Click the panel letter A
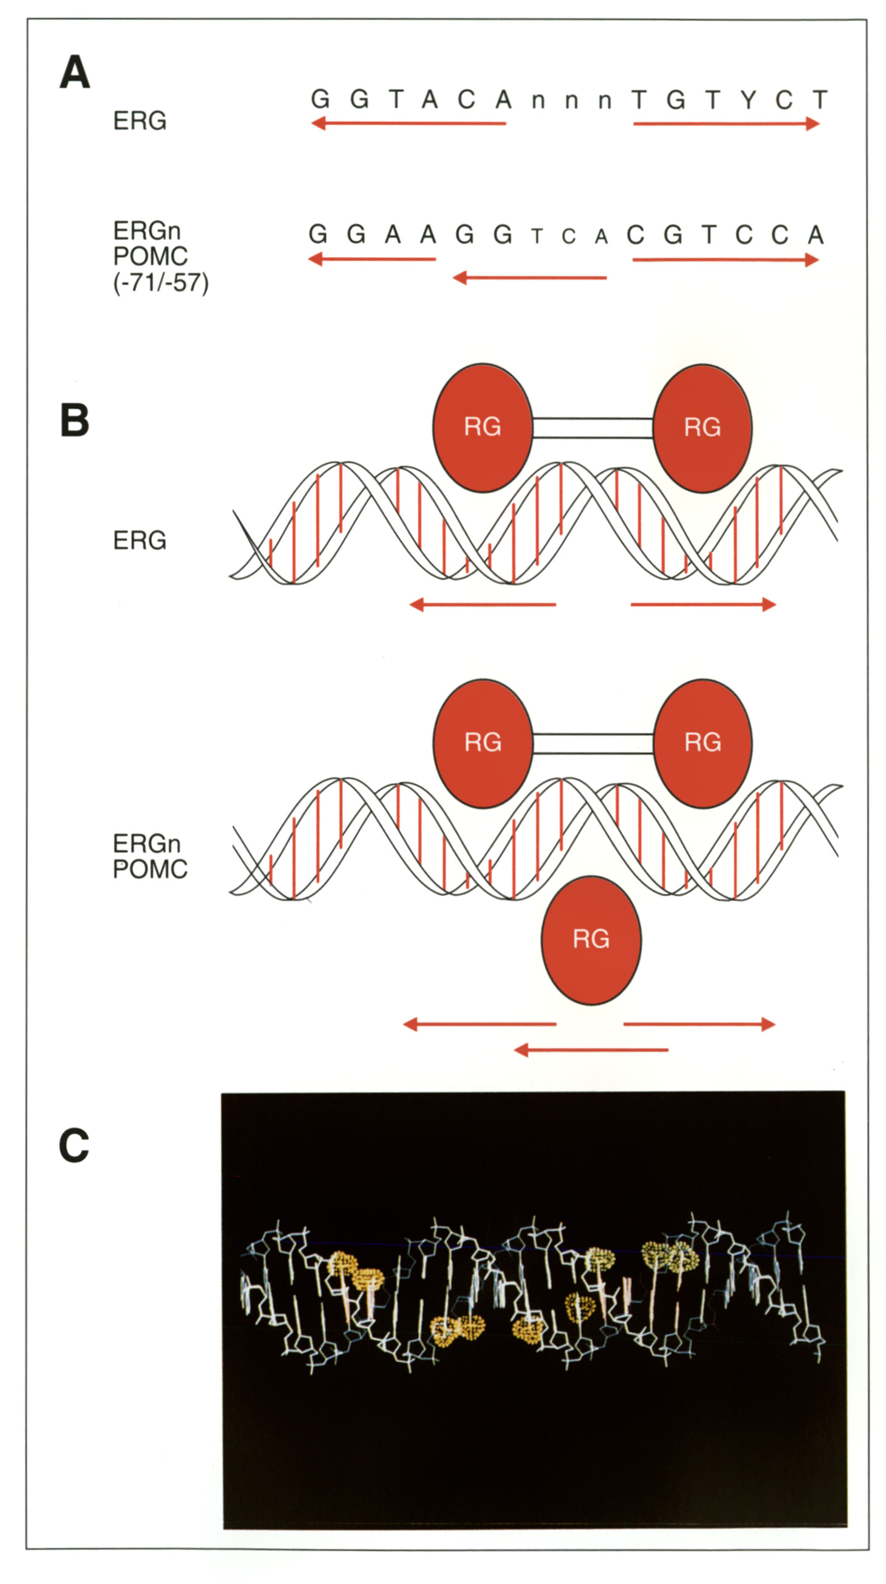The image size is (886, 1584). (x=75, y=73)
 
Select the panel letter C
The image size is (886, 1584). (x=74, y=1146)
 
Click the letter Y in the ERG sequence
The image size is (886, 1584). (x=748, y=99)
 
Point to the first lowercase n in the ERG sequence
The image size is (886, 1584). (x=538, y=101)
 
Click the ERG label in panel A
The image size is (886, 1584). (x=140, y=121)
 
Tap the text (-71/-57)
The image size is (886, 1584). (x=161, y=282)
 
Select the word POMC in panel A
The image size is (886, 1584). (x=150, y=256)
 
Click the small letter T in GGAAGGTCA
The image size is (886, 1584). (x=537, y=237)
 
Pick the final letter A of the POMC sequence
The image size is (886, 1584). (x=816, y=235)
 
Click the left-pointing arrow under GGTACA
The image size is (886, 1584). (x=408, y=124)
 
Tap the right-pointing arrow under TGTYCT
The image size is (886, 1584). (x=726, y=124)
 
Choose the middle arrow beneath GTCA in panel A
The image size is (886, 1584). (x=530, y=278)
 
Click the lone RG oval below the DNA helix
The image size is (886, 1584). (x=591, y=940)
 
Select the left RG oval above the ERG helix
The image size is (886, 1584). (x=483, y=427)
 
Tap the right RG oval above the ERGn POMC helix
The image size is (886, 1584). (x=702, y=742)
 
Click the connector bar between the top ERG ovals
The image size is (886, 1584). (x=593, y=428)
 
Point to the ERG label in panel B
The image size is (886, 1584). (x=140, y=541)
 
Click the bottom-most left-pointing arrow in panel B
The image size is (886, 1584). (x=591, y=1050)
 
